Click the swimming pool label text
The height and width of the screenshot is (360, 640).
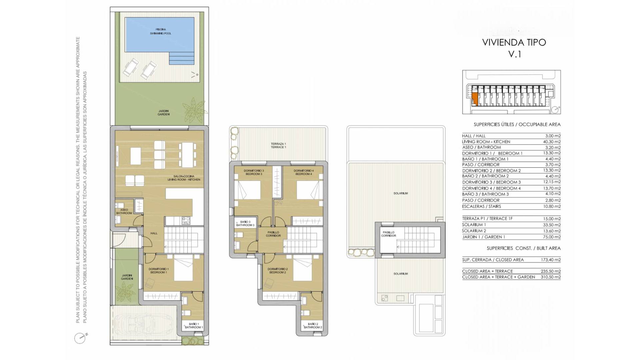[x=161, y=31]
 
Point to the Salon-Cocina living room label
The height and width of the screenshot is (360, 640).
[x=184, y=178]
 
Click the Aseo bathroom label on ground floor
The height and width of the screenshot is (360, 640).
[x=124, y=211]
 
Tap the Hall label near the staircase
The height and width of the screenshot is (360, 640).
[x=154, y=233]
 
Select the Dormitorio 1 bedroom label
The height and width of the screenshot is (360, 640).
[x=159, y=271]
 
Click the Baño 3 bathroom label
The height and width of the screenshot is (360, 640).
[x=245, y=223]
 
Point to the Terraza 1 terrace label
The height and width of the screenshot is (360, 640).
[x=278, y=145]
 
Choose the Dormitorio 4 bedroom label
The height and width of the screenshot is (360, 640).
[x=303, y=172]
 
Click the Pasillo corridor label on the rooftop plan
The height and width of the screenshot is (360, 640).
[x=388, y=234]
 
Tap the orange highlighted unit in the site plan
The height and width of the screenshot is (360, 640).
[x=475, y=99]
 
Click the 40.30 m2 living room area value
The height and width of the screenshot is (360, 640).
[x=552, y=142]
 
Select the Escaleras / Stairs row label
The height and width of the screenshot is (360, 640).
[x=481, y=206]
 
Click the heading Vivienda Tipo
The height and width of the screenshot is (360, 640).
[x=514, y=42]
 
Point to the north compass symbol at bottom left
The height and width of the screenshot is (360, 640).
[x=80, y=338]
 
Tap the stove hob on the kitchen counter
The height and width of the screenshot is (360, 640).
[x=186, y=221]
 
